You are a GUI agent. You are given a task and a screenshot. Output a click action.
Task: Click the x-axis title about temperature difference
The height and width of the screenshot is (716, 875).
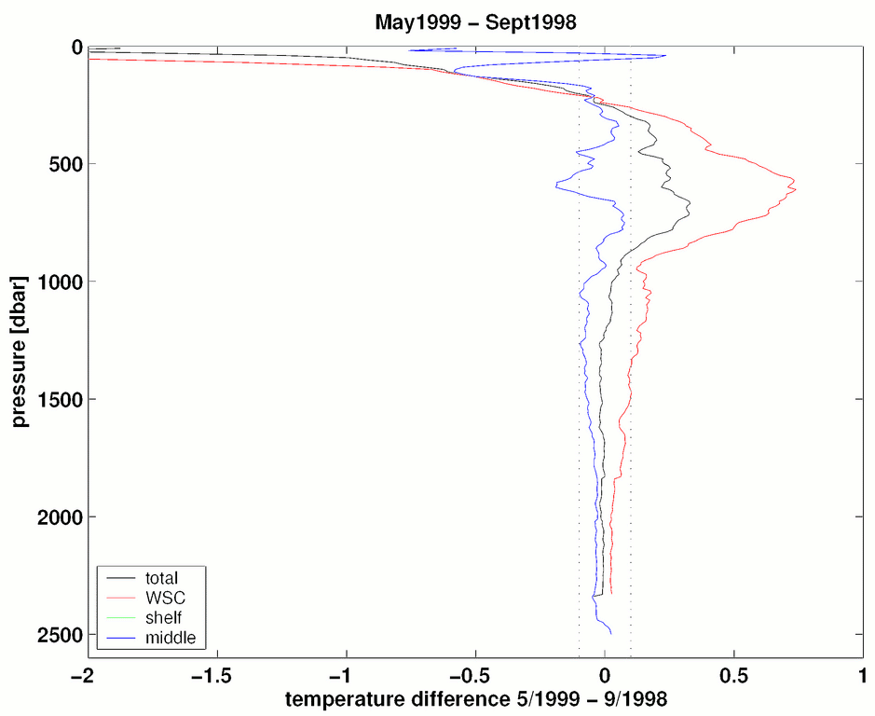pos(475,698)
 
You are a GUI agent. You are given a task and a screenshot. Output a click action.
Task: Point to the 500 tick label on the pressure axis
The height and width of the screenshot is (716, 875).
pos(61,164)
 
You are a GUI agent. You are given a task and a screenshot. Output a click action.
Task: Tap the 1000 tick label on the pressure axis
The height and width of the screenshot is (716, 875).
pos(56,282)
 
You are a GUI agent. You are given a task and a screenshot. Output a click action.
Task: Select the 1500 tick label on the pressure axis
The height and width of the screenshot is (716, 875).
pos(56,399)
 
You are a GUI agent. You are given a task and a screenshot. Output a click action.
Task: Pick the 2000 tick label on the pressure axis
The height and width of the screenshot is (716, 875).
pos(56,516)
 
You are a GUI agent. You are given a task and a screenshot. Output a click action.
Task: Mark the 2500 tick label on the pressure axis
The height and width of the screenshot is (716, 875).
pos(56,634)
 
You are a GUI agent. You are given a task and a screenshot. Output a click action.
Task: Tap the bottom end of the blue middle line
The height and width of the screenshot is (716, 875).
pos(611,633)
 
